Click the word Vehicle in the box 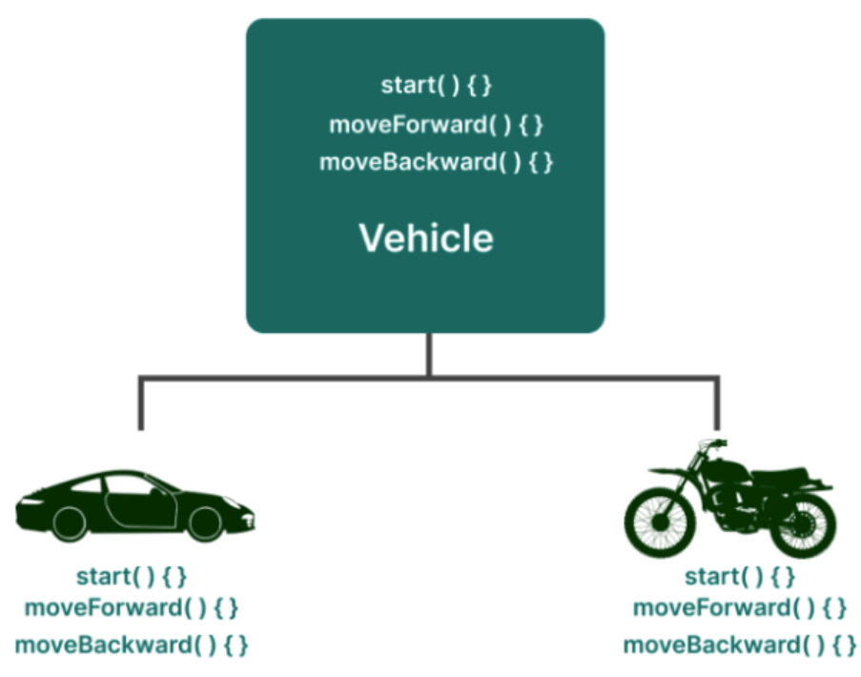click(x=425, y=237)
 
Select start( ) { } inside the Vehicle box click(x=436, y=85)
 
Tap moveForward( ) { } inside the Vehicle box click(x=436, y=125)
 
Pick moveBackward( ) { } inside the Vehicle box click(x=436, y=162)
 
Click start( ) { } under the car click(x=132, y=576)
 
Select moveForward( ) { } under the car click(x=132, y=607)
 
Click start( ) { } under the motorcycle click(x=739, y=576)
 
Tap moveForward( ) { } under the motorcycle click(x=739, y=607)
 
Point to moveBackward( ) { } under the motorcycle click(x=739, y=645)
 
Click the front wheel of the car click(x=205, y=523)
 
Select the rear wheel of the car click(x=69, y=522)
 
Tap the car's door click(x=140, y=506)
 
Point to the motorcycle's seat click(x=772, y=475)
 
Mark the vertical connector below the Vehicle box click(x=428, y=355)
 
